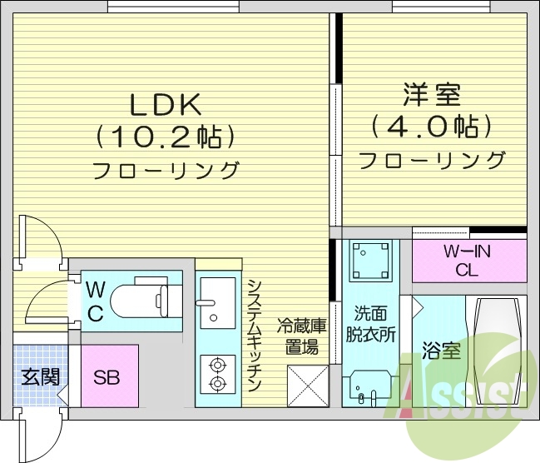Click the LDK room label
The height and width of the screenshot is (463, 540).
pos(165,105)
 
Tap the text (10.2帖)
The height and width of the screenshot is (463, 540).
pos(164,136)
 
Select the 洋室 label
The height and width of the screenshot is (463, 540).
pos(432,94)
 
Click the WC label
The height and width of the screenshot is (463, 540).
pos(96,301)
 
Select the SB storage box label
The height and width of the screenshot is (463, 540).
pos(106,377)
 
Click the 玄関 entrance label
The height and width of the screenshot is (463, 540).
pos(38,376)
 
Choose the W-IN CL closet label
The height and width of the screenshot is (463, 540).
pos(468,260)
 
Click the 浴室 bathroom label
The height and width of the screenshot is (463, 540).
pos(440,351)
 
